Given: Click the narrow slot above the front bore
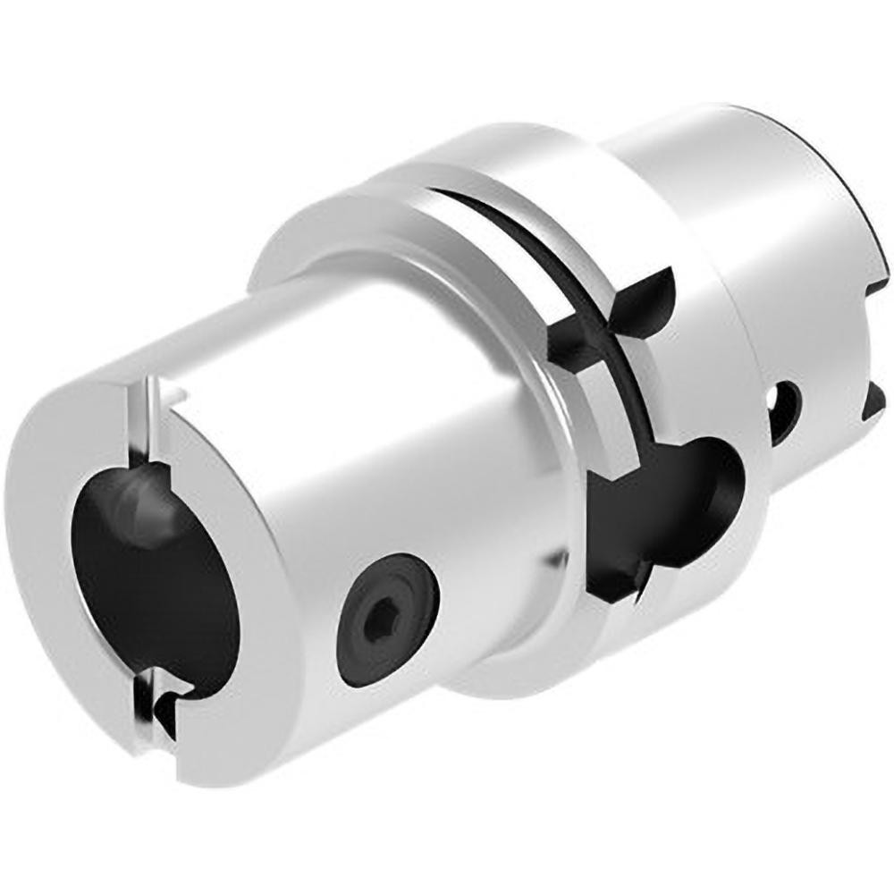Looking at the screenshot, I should [x=143, y=420].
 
